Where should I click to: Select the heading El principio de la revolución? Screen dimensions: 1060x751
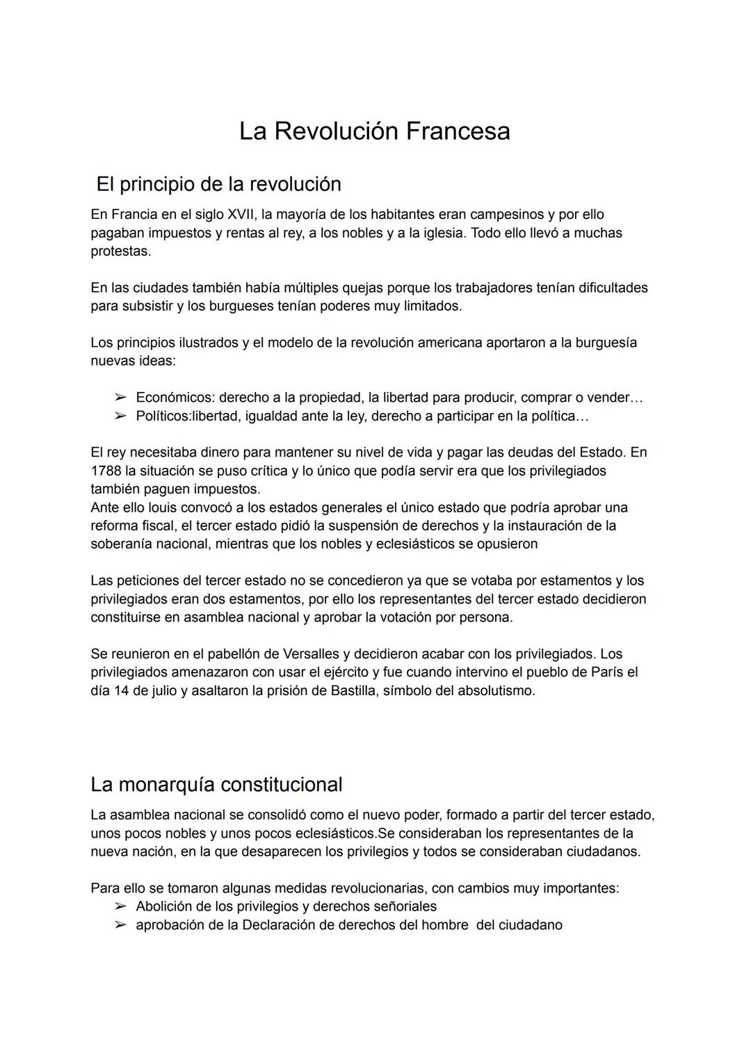218,184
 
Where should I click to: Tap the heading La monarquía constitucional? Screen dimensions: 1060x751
216,785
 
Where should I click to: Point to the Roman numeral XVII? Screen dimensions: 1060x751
243,215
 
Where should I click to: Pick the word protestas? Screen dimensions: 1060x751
120,251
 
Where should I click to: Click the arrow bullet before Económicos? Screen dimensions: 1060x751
120,398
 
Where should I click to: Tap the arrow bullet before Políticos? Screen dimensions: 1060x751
120,416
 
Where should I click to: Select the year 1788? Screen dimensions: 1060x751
106,471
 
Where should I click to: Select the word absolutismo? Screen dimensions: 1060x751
496,691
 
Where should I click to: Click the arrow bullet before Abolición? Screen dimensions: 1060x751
120,906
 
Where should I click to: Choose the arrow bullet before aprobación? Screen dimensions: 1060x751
120,925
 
